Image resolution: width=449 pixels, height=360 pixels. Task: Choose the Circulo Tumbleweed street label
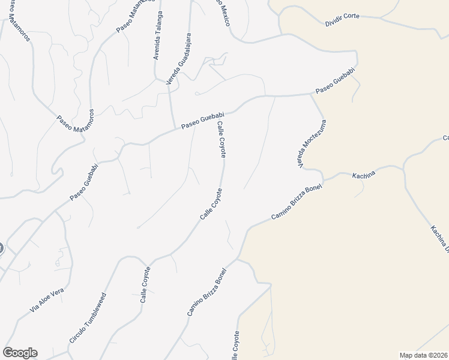(88, 318)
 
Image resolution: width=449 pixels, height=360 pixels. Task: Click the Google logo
(19, 353)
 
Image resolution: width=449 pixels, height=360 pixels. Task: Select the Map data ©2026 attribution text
(424, 355)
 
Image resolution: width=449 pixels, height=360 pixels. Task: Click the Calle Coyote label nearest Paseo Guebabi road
(221, 139)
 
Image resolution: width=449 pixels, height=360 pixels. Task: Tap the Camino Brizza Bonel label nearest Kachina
(297, 200)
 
